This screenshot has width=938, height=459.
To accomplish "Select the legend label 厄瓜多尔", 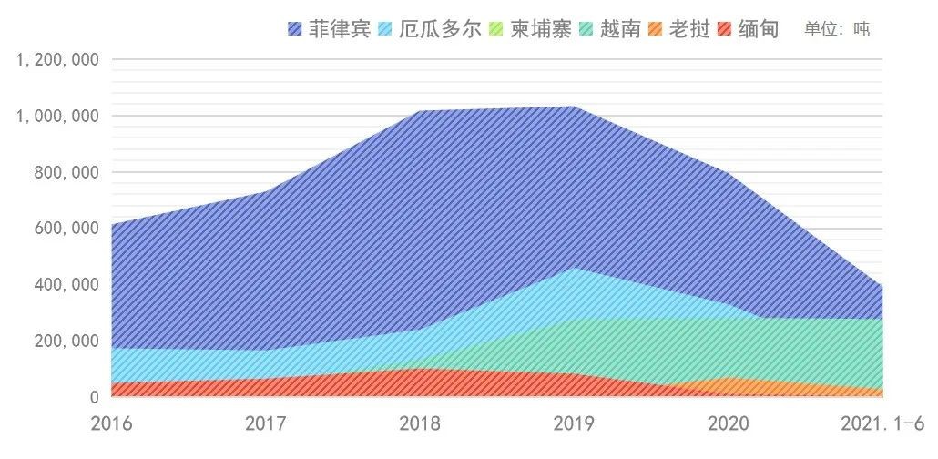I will click(x=441, y=28).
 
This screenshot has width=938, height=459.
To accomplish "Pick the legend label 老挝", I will click(x=689, y=28).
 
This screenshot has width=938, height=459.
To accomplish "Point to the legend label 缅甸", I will click(x=758, y=28).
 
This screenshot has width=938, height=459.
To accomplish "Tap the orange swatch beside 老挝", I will click(x=656, y=29).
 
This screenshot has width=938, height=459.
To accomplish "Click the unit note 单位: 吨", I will click(x=837, y=29).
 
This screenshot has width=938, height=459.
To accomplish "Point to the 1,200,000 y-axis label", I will click(x=57, y=60).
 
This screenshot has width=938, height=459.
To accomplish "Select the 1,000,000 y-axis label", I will click(x=57, y=117).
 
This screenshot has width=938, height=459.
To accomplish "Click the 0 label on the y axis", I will click(x=94, y=397).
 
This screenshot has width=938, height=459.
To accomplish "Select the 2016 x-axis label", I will click(x=112, y=423).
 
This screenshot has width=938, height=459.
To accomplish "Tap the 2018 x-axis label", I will click(x=420, y=423).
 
